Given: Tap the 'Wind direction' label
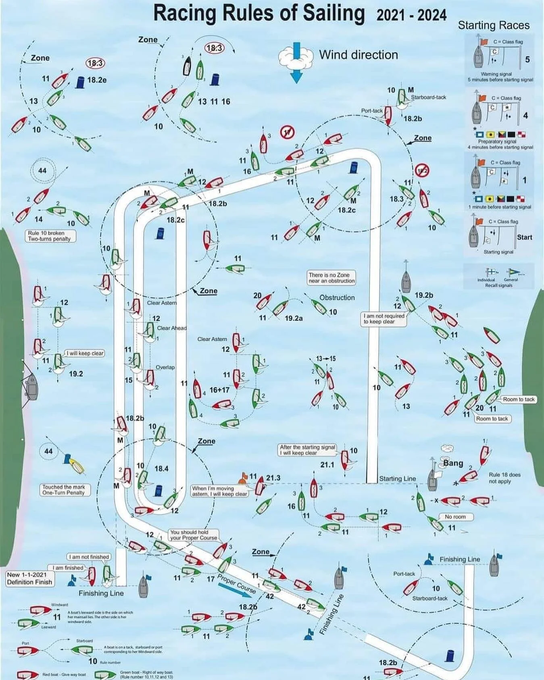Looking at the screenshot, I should tap(358, 55).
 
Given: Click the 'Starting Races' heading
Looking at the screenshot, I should tap(494, 25).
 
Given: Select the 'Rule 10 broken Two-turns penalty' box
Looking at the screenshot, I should tap(49, 236).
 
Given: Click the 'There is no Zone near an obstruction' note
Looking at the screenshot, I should tap(331, 278).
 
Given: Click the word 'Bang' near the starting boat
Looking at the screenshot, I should tap(453, 463).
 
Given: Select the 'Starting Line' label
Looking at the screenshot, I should tap(397, 478).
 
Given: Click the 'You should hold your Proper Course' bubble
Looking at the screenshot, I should tap(194, 535).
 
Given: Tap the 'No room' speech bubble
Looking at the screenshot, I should tap(455, 517).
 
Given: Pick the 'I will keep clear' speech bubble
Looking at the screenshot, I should tap(85, 353).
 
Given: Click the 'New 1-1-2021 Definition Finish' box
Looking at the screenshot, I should tap(29, 578).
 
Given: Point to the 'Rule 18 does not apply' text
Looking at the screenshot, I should tap(504, 478).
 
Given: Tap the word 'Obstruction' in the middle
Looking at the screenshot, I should tap(337, 297).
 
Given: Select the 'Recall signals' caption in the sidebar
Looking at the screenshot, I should tap(498, 285).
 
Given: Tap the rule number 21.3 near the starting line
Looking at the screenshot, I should tap(273, 478).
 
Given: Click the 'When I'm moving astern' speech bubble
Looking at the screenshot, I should tap(219, 491).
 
